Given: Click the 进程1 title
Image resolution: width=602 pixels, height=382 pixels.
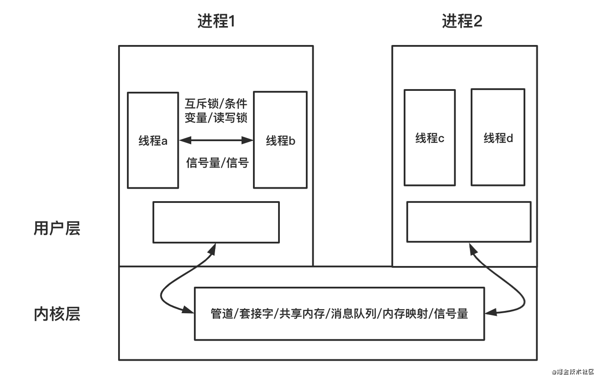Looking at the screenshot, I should click(x=216, y=21).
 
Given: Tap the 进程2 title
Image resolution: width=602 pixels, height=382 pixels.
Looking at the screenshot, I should click(x=462, y=21).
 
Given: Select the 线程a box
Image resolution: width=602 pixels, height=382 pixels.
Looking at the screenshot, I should click(x=153, y=141).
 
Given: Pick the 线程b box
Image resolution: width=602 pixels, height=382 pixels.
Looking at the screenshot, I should click(x=280, y=141).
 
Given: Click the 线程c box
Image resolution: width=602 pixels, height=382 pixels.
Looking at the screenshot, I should click(x=430, y=138).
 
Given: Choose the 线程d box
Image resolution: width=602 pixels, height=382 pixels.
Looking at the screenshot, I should click(x=498, y=138).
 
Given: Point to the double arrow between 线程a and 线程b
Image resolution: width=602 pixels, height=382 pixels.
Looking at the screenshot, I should click(x=216, y=141).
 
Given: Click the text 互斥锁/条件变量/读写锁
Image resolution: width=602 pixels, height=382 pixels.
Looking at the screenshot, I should click(x=216, y=111).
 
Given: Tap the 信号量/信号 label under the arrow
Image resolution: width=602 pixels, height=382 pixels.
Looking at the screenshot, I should click(x=217, y=163).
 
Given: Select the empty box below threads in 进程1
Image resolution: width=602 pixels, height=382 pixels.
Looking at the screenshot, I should click(x=216, y=222).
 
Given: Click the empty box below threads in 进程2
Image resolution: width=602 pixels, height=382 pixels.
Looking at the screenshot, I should click(x=468, y=222).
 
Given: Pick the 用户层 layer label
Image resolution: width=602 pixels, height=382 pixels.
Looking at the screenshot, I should click(x=57, y=228).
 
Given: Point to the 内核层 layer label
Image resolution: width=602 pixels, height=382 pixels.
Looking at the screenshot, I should click(x=57, y=315).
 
